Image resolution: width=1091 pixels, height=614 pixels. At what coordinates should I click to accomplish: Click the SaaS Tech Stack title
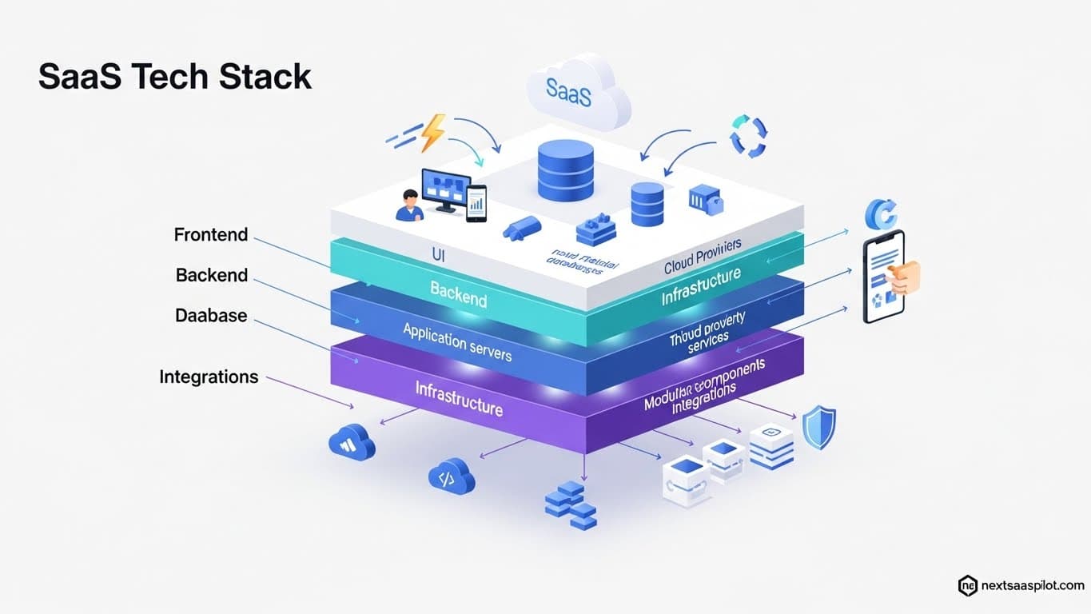[174, 77]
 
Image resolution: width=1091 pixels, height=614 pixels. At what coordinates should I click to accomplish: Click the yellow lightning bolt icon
[432, 132]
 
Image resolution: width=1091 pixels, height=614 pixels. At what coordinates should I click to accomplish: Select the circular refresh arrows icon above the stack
[748, 136]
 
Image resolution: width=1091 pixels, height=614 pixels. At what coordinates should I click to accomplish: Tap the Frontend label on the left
[211, 235]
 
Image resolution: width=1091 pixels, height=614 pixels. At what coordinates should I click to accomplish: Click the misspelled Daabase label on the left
[211, 315]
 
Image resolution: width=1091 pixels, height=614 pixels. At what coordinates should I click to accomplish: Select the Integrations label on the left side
[209, 377]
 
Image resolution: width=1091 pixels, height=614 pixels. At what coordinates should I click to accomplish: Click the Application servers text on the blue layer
[457, 341]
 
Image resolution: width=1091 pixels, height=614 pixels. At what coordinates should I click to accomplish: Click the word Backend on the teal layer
[458, 294]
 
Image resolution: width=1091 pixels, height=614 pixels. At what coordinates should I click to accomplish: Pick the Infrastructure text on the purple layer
[459, 398]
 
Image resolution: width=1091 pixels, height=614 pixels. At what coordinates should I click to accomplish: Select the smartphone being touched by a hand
[884, 277]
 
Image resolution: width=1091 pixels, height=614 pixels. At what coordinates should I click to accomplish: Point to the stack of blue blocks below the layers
[571, 504]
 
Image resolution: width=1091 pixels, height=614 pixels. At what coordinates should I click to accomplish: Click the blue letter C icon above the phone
[881, 214]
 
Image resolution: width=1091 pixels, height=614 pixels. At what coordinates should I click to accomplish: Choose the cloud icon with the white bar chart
[352, 441]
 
